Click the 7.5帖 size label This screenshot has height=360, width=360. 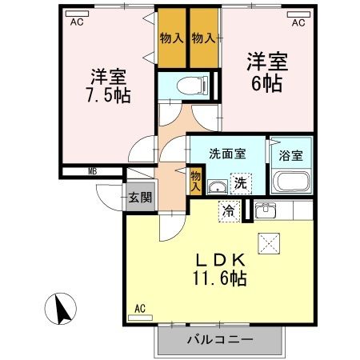pos(110,94)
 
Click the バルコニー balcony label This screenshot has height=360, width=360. pos(220,339)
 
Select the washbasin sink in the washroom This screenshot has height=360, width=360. pos(215,187)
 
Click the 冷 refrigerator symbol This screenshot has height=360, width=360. pos(229,212)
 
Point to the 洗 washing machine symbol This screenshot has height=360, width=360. pos(239,183)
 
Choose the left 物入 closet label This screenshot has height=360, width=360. pos(170,38)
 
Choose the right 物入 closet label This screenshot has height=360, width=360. pos(204,38)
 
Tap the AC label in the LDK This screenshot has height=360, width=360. pos(139,308)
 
